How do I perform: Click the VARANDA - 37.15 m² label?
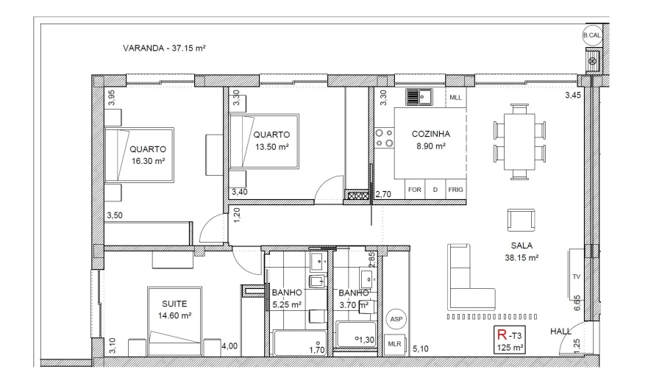pos(164,48)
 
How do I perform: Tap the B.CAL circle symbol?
pos(592,35)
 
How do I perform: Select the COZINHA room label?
pos(430,134)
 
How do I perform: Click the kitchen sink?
pos(419,97)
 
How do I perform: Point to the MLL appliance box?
pos(455,98)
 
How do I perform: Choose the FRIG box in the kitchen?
pos(455,190)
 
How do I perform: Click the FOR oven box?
pos(415,190)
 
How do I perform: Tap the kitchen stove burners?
pos(384,138)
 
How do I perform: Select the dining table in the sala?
pos(519,142)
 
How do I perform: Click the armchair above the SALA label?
pos(521,220)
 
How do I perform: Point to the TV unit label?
pos(576,276)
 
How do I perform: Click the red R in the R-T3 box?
pos(502,335)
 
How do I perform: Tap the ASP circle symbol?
pos(396,319)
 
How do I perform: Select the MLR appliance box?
pos(395,344)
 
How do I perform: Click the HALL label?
pos(560,332)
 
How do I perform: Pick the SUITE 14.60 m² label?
pos(175,310)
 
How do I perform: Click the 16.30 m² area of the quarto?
pos(148,161)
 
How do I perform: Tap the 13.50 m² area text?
pos(272,147)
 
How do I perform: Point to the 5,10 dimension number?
pos(421,348)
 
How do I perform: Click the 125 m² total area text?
pos(510,348)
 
